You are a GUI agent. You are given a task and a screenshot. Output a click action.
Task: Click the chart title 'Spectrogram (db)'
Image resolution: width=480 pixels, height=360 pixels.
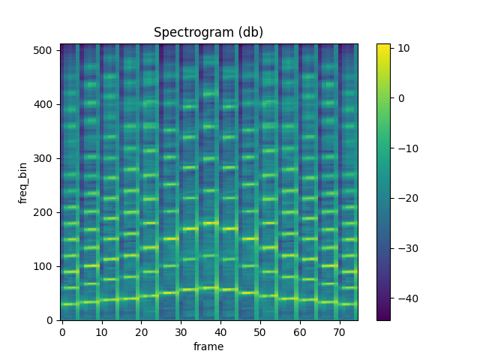point(208,32)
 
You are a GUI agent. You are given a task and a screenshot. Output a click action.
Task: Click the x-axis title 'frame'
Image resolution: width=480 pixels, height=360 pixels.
point(208,346)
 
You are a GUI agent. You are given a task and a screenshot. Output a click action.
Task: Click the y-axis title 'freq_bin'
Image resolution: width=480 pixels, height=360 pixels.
point(23,181)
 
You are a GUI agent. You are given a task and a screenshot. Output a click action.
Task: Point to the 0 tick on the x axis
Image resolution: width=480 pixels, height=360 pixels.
point(62,331)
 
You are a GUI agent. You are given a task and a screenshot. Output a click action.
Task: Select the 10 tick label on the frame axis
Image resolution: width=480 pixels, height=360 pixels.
point(102,331)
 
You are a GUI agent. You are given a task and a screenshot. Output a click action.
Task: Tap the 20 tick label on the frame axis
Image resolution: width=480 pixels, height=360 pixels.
point(141,331)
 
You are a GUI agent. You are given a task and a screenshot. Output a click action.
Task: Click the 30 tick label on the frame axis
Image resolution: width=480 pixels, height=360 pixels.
point(181,331)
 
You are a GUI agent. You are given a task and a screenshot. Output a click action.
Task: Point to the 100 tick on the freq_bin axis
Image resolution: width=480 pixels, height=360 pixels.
point(46,266)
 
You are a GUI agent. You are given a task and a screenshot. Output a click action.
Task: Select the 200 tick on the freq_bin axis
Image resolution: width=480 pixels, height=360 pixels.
point(46,212)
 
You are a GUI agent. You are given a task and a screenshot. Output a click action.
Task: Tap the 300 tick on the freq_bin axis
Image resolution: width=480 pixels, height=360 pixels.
point(46,158)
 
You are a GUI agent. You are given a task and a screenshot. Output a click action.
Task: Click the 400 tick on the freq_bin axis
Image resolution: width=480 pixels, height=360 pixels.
point(46,104)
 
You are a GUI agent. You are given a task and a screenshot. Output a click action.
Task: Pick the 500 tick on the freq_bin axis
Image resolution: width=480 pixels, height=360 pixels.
point(46,50)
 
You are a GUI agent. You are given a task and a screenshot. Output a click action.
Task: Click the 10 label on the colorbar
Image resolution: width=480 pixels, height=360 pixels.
point(403,48)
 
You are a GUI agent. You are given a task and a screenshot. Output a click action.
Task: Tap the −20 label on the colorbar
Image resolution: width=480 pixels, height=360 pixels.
point(406,198)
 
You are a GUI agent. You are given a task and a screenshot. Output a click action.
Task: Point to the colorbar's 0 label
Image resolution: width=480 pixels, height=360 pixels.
point(401,98)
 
